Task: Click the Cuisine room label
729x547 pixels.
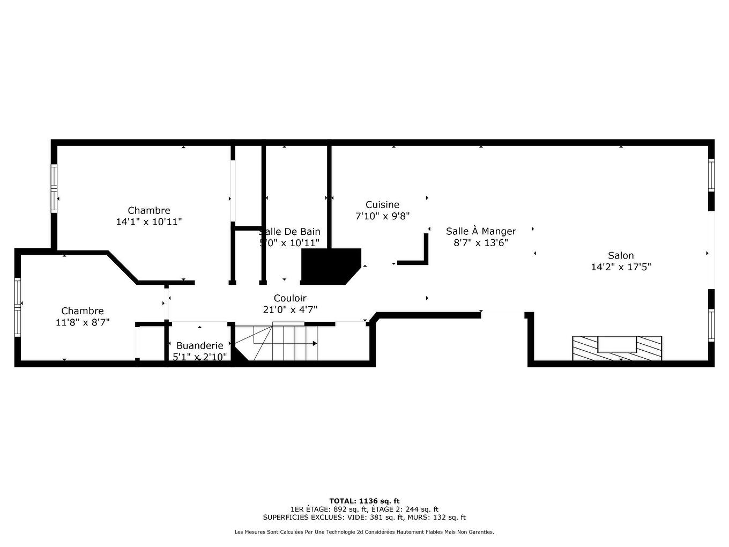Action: (x=382, y=204)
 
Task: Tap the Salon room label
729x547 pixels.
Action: (x=621, y=256)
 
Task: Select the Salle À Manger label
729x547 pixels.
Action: (x=481, y=231)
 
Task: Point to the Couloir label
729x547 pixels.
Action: (x=290, y=298)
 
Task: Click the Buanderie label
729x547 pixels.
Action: (x=199, y=345)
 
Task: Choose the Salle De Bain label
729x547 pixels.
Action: (x=290, y=232)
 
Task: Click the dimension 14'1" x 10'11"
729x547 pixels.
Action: (x=149, y=221)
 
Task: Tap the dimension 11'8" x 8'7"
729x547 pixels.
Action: (x=82, y=322)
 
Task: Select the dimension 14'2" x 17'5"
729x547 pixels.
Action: (x=621, y=267)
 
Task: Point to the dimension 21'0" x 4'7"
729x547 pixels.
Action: (x=290, y=309)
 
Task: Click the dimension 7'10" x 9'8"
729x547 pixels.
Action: (x=382, y=216)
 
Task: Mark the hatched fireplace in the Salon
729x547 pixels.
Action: (x=617, y=349)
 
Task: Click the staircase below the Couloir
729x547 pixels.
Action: (x=284, y=342)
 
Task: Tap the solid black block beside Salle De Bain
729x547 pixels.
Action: (x=328, y=265)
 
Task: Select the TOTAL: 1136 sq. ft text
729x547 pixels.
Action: (x=364, y=501)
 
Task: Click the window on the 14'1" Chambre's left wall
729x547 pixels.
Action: (x=54, y=188)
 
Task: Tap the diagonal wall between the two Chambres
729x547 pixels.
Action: (x=123, y=267)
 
